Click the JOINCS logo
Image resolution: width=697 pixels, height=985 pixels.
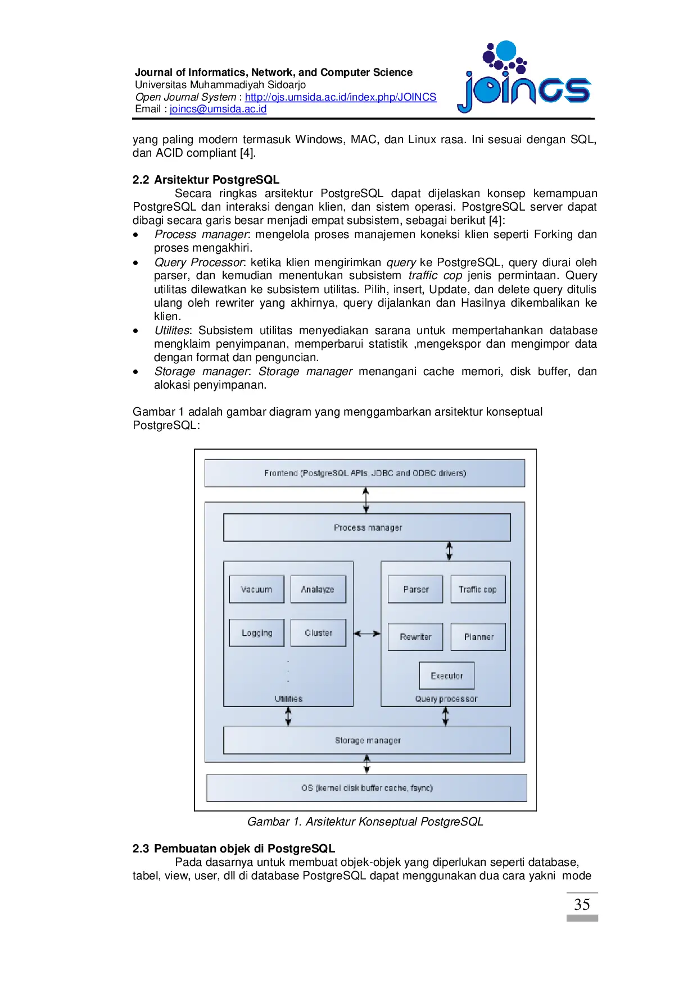point(524,79)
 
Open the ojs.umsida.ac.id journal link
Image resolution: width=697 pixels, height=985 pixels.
point(340,97)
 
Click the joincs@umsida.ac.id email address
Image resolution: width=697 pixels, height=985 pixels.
point(218,109)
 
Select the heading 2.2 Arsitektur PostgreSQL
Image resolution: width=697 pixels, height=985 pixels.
point(206,180)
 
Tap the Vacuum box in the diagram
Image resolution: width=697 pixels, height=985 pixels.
point(256,589)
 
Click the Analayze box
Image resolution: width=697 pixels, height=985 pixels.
point(318,589)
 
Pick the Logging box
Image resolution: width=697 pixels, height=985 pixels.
point(256,633)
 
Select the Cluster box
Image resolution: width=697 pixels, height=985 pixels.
point(318,633)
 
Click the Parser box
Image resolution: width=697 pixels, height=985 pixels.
point(415,589)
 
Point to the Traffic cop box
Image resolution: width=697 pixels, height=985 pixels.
point(478,589)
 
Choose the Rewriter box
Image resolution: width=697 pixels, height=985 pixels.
point(415,637)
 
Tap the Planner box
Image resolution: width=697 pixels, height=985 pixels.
point(478,637)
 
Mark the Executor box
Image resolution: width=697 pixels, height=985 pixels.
point(447,676)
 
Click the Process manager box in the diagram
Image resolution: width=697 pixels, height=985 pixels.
point(367,528)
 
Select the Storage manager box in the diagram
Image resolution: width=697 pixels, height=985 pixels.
point(367,741)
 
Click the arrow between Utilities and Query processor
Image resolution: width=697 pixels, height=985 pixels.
point(367,633)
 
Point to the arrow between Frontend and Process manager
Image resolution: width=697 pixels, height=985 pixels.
point(366,500)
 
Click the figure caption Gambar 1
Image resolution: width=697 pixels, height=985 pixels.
point(365,822)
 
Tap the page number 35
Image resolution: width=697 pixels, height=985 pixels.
point(582,905)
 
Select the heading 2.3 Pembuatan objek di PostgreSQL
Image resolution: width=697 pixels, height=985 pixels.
point(234,849)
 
